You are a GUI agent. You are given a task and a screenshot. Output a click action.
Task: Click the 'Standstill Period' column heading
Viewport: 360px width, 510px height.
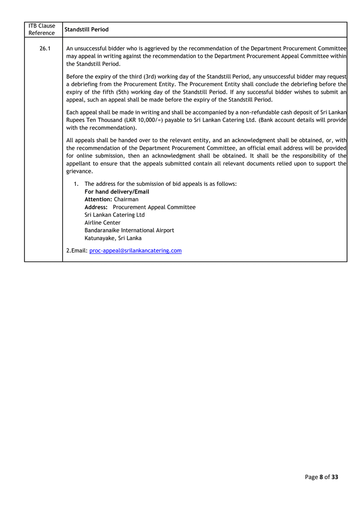tap(87, 30)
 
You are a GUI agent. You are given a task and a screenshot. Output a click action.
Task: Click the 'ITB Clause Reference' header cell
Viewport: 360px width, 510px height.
tap(42, 29)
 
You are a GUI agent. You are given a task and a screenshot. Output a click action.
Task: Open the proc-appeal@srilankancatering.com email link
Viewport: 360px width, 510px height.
tap(135, 251)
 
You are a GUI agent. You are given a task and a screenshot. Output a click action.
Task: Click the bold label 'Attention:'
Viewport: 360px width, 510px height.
tap(98, 199)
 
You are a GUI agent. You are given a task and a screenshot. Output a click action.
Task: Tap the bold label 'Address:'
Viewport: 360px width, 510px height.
tap(96, 207)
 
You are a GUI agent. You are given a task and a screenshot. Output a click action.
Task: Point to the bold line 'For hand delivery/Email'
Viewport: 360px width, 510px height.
tap(117, 192)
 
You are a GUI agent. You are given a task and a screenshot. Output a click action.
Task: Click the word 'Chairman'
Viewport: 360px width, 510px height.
tap(126, 199)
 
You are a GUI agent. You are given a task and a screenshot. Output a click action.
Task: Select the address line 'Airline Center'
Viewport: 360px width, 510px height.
tap(103, 223)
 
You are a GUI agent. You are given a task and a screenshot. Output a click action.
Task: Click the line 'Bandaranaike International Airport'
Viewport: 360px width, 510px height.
tap(129, 231)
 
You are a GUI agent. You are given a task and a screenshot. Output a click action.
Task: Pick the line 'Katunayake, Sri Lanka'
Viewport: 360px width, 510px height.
tap(113, 238)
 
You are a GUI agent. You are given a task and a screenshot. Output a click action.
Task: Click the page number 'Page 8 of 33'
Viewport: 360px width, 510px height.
tap(321, 477)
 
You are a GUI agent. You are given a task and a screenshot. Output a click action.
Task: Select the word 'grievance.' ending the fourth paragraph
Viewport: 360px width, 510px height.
tap(80, 171)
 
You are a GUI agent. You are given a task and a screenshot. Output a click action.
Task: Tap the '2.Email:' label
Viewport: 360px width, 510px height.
tap(77, 251)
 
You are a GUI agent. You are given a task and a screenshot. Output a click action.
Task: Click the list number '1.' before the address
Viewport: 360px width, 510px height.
tap(76, 184)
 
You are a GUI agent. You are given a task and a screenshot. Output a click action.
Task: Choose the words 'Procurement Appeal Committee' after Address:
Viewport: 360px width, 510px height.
tap(154, 207)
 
